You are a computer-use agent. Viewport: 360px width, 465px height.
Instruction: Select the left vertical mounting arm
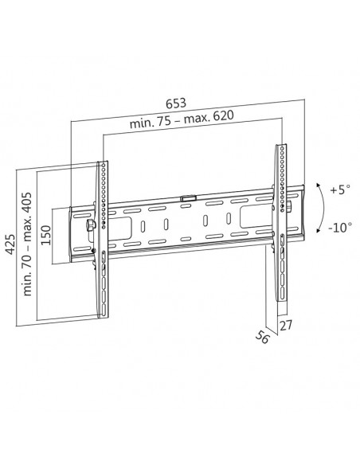coord(102,239)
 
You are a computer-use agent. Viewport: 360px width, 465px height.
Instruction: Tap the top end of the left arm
coord(102,164)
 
